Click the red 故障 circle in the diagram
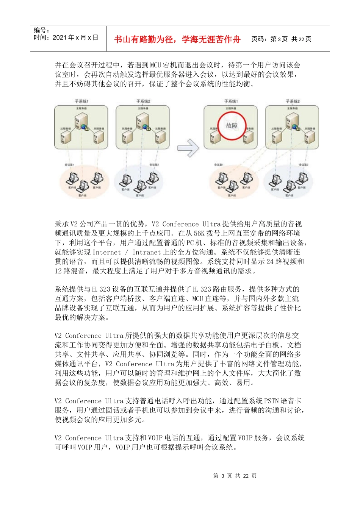tap(232, 126)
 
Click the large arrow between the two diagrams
tap(188, 148)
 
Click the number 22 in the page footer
tap(246, 476)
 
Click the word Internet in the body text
tap(106, 252)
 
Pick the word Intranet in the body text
tap(147, 252)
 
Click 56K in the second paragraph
tap(199, 233)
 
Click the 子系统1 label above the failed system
tap(231, 101)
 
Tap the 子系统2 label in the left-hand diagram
tap(143, 101)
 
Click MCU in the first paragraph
tap(156, 65)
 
